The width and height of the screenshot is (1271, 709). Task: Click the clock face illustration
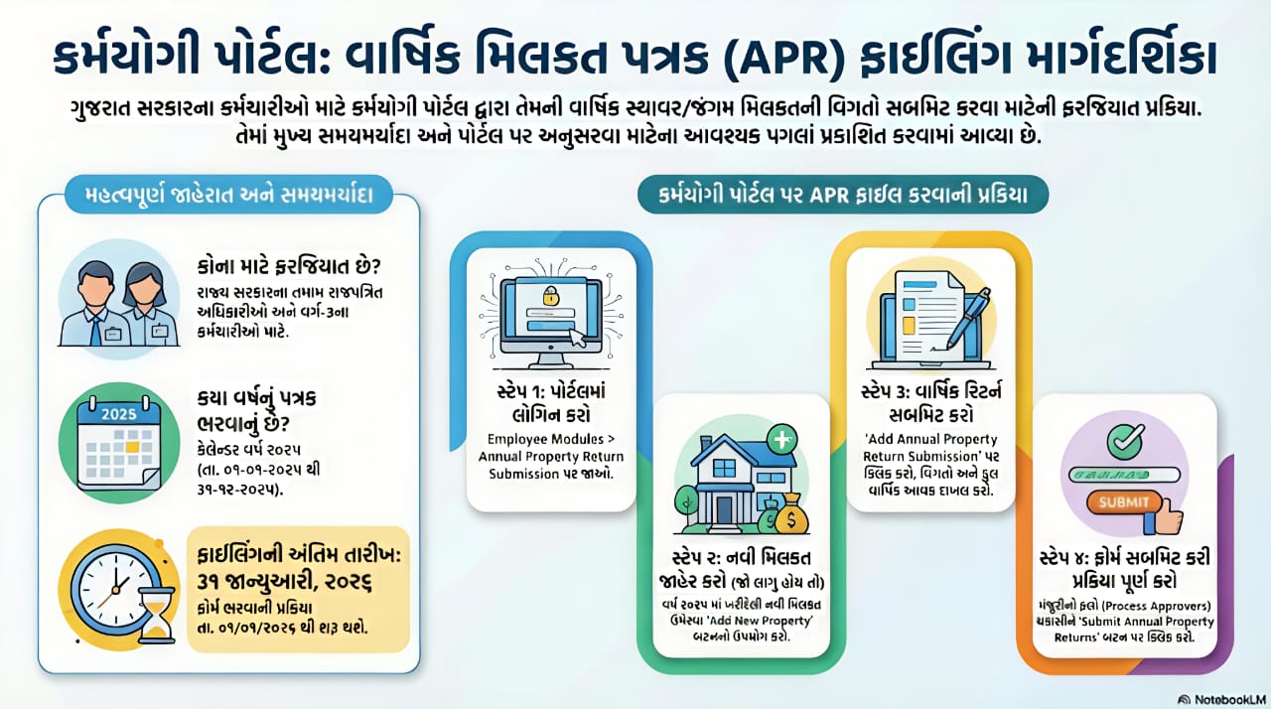pyautogui.click(x=111, y=581)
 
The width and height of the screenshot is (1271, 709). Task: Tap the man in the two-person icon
pyautogui.click(x=93, y=303)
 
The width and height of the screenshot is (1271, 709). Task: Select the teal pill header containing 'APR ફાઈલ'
pyautogui.click(x=843, y=196)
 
